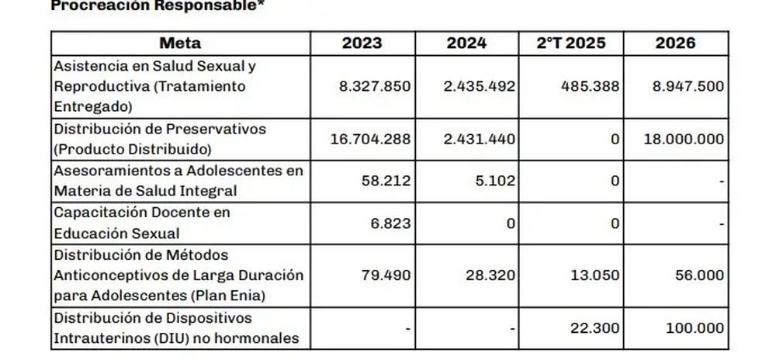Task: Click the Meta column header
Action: [179, 43]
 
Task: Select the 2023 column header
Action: [362, 43]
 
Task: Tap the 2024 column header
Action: [466, 43]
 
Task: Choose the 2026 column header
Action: [675, 43]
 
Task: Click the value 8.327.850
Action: [376, 85]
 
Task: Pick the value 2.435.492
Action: [480, 85]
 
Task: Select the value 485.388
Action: [591, 85]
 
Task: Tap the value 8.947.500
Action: [688, 85]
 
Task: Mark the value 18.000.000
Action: [684, 139]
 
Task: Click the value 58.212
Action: [386, 181]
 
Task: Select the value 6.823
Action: [390, 223]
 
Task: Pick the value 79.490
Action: [386, 275]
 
